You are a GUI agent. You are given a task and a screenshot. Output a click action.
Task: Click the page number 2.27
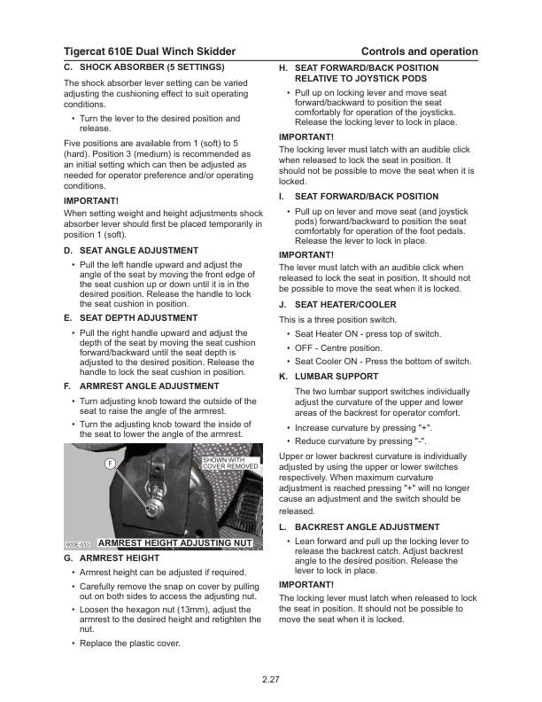[271, 680]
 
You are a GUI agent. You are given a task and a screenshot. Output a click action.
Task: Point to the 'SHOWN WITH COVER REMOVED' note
[230, 464]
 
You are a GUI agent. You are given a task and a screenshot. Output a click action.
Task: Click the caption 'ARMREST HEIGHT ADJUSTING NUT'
[175, 542]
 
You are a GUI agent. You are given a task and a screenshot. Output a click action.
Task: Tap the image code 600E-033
[78, 543]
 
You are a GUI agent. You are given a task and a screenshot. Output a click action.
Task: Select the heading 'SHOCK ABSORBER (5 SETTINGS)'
[151, 67]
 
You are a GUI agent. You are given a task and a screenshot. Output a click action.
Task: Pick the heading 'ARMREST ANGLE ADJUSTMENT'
[149, 386]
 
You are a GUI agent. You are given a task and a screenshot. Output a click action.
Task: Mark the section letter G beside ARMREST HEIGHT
[68, 558]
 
